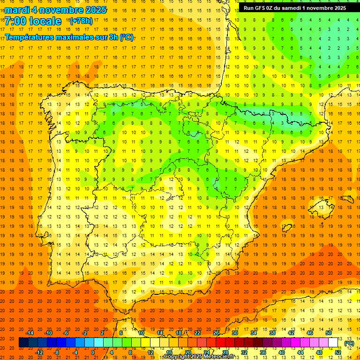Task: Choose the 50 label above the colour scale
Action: coord(329,333)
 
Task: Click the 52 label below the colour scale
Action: coord(338,352)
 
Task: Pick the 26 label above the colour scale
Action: coord(216,333)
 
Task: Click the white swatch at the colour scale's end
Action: coord(333,343)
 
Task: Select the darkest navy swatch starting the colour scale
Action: coord(23,343)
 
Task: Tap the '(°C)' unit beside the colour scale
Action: coord(349,343)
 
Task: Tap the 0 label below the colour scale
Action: coord(93,352)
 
